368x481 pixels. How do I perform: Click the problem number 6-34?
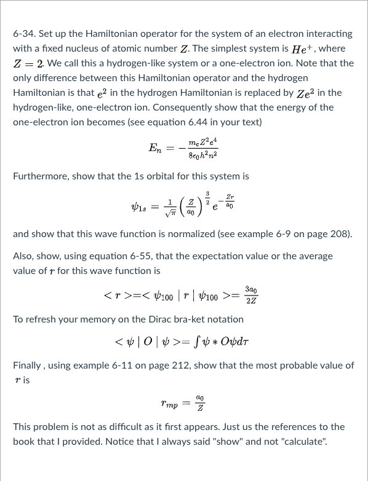[24, 34]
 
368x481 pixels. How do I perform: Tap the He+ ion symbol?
[315, 49]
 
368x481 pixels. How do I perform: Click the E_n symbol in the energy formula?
[157, 148]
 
